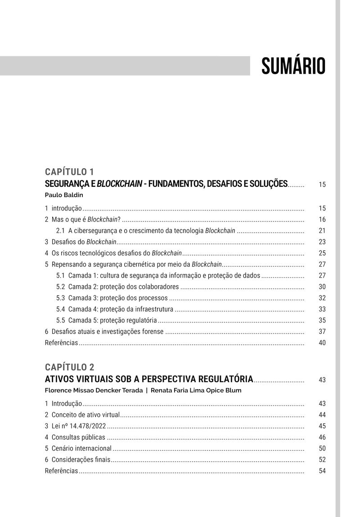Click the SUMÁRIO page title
click(293, 66)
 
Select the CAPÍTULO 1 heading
click(69, 172)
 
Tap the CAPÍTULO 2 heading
click(70, 367)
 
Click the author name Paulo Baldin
click(64, 195)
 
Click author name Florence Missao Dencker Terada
click(93, 391)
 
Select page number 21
click(322, 231)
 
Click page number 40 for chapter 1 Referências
click(322, 343)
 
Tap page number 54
click(322, 471)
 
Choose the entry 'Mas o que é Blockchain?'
click(85, 220)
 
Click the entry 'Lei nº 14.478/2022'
click(79, 426)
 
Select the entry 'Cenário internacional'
click(81, 449)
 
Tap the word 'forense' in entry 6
click(152, 332)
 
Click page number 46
click(322, 437)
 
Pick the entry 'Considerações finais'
click(81, 460)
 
